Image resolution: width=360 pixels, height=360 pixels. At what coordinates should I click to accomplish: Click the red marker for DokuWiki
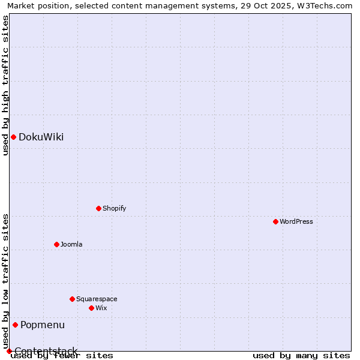tap(13, 137)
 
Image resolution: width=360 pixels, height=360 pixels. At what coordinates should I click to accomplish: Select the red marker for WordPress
tap(275, 222)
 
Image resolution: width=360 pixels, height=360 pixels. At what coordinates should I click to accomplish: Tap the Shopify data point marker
tap(98, 209)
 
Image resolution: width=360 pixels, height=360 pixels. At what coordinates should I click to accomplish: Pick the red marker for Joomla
tap(56, 244)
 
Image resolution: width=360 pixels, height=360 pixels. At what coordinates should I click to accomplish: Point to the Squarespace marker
tap(72, 299)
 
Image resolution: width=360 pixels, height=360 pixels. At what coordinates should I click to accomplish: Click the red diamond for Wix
tap(91, 308)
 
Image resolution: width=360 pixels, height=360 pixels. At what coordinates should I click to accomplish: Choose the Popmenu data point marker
tap(15, 325)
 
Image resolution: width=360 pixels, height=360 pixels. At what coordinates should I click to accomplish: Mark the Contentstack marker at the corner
tap(9, 351)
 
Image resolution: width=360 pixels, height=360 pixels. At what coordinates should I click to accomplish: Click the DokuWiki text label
tap(41, 137)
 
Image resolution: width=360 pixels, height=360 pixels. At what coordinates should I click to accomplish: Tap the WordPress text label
tap(296, 222)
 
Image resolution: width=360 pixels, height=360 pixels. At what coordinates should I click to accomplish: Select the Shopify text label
tap(115, 209)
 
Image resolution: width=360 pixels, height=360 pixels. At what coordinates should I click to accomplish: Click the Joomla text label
tap(71, 244)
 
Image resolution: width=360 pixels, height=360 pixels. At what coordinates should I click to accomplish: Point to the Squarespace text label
tap(97, 299)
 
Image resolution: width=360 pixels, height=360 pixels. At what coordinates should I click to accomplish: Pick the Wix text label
tap(101, 308)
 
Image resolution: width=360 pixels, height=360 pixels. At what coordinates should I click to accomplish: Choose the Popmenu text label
tap(43, 325)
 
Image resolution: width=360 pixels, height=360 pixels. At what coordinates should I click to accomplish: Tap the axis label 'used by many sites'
tap(301, 356)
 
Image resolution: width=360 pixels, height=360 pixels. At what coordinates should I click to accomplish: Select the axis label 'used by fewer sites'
tap(62, 356)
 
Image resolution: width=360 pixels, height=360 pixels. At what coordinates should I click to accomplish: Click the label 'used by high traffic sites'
tap(5, 85)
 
